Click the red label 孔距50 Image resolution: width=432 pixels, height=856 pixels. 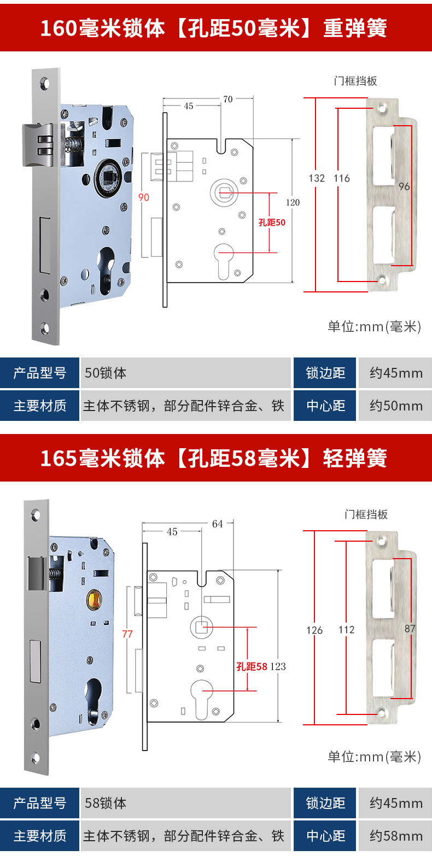[272, 222]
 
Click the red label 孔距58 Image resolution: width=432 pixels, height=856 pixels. [252, 666]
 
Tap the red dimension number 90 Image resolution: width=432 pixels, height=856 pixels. [143, 197]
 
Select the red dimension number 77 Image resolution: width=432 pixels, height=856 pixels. [127, 634]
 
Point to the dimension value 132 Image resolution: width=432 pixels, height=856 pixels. [317, 178]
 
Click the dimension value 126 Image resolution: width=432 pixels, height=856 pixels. [314, 630]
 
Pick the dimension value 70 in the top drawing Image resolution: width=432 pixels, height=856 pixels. [227, 99]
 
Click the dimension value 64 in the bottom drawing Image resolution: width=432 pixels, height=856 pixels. [217, 524]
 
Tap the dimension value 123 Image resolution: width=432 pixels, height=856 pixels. [278, 666]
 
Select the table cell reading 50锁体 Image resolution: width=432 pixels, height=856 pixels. [106, 373]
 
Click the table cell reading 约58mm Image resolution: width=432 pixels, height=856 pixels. [395, 836]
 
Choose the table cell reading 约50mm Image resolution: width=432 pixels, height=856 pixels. [395, 406]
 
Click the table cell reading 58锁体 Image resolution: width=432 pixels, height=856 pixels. [106, 803]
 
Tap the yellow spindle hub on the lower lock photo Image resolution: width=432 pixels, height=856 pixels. [94, 601]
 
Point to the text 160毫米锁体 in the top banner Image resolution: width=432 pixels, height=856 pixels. [102, 28]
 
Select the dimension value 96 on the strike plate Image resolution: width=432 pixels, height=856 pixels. [404, 186]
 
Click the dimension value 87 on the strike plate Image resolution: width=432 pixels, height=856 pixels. [410, 629]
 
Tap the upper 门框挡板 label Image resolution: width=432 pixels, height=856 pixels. [355, 81]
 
